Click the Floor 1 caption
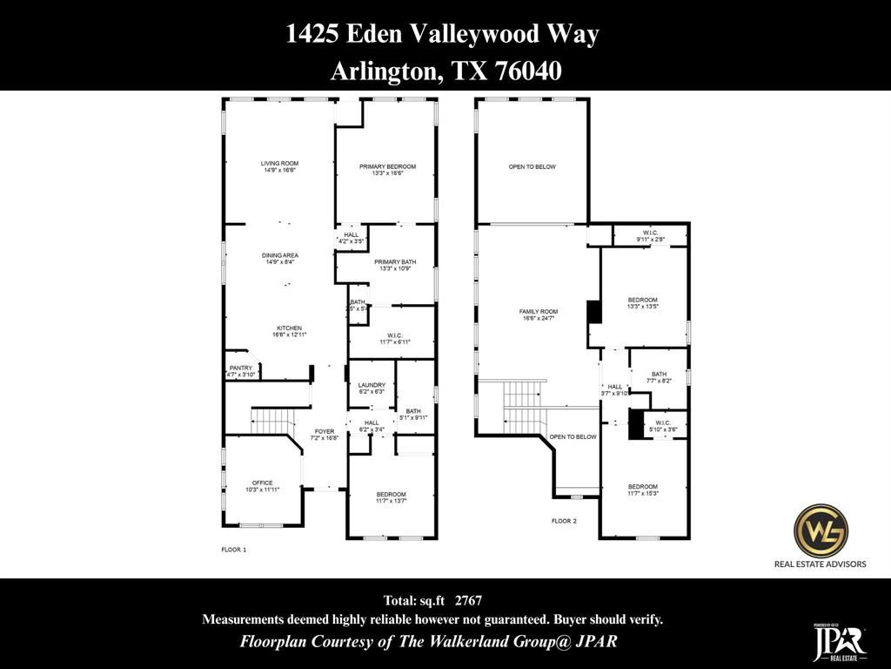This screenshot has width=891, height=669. click(234, 550)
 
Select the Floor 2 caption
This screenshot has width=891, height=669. click(563, 521)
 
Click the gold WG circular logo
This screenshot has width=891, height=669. click(821, 530)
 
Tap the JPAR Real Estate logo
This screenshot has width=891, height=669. click(839, 643)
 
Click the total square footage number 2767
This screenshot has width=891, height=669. click(468, 600)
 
